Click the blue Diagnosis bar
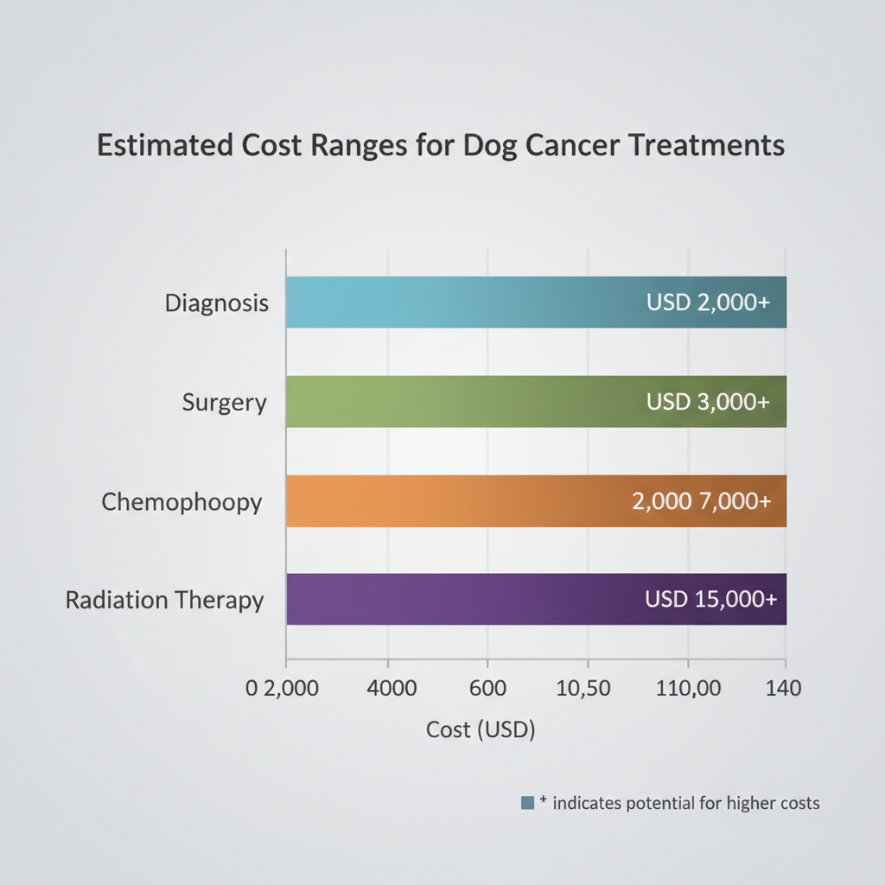pos(449,302)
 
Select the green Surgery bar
pos(449,402)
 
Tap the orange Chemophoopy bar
pos(449,501)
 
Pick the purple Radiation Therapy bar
pos(449,599)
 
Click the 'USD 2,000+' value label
pos(708,302)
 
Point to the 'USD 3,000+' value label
pos(708,402)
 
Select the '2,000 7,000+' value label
pos(701,501)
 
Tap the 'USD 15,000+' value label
pos(710,599)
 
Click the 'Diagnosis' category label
pos(217,304)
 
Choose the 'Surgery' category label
pos(225,403)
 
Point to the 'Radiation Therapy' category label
pos(165,600)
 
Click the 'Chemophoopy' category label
pos(181,501)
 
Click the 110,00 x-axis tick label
pos(687,689)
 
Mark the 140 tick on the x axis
pos(784,689)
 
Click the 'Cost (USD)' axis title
pos(481,729)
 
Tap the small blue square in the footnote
pos(527,803)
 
